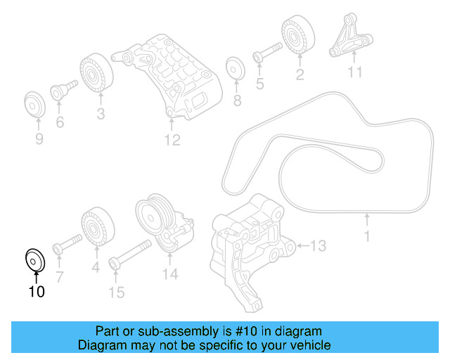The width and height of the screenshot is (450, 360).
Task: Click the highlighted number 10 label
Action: (x=36, y=290)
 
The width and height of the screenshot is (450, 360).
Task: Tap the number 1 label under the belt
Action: (x=366, y=237)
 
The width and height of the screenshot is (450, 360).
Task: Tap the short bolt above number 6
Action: (x=63, y=91)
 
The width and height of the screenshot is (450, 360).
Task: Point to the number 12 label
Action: (x=172, y=140)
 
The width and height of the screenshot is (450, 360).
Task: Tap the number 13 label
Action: (x=319, y=245)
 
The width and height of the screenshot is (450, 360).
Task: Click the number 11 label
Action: (x=354, y=72)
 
